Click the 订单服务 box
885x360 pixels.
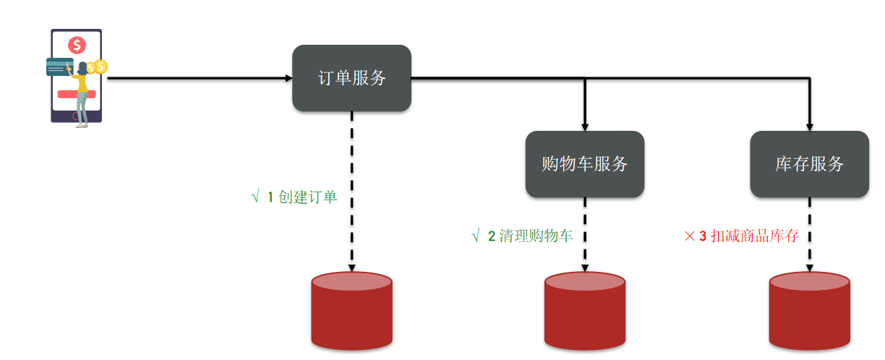point(351,78)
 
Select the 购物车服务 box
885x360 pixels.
point(584,164)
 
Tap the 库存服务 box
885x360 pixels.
point(809,164)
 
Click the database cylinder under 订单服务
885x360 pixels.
point(351,311)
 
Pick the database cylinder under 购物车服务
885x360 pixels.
point(584,311)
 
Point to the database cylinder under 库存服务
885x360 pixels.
point(809,311)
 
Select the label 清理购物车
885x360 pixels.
point(536,236)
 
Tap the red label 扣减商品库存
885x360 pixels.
point(755,236)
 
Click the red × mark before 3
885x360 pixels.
point(689,236)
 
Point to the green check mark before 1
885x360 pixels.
point(255,197)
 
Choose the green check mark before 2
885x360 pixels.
point(475,236)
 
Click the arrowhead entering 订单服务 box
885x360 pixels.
point(288,78)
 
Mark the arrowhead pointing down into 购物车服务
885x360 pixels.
point(584,126)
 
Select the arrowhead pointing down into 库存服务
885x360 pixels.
point(809,126)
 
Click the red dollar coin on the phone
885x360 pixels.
point(77,46)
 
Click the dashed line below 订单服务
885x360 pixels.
point(351,188)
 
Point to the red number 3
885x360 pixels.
point(702,236)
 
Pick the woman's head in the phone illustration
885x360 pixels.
point(83,67)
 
